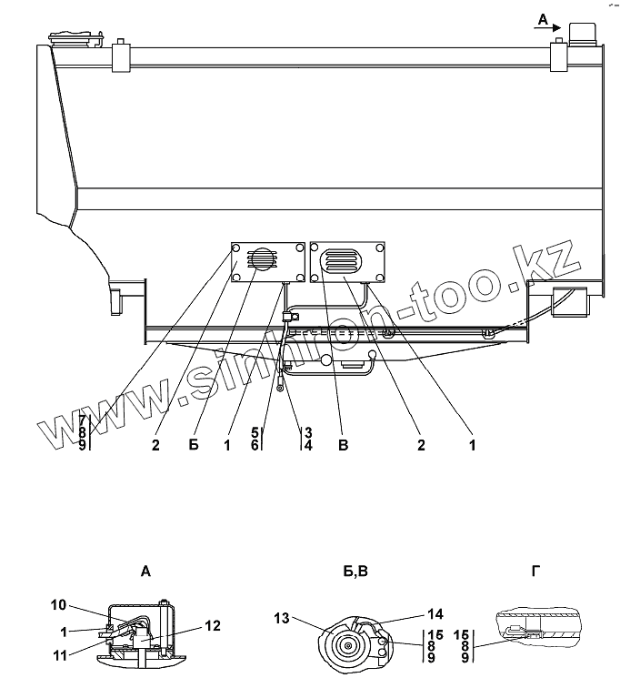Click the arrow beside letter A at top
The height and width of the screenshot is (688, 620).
549,28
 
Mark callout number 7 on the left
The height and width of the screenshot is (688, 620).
83,420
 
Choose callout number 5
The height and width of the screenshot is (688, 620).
255,432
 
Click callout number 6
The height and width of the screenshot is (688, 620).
255,445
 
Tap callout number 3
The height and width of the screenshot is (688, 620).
309,432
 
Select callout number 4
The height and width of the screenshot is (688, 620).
309,445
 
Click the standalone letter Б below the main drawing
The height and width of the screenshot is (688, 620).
193,445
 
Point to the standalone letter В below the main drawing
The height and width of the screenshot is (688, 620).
342,445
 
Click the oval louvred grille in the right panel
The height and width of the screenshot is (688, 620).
343,261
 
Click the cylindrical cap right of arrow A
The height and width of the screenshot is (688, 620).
580,33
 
